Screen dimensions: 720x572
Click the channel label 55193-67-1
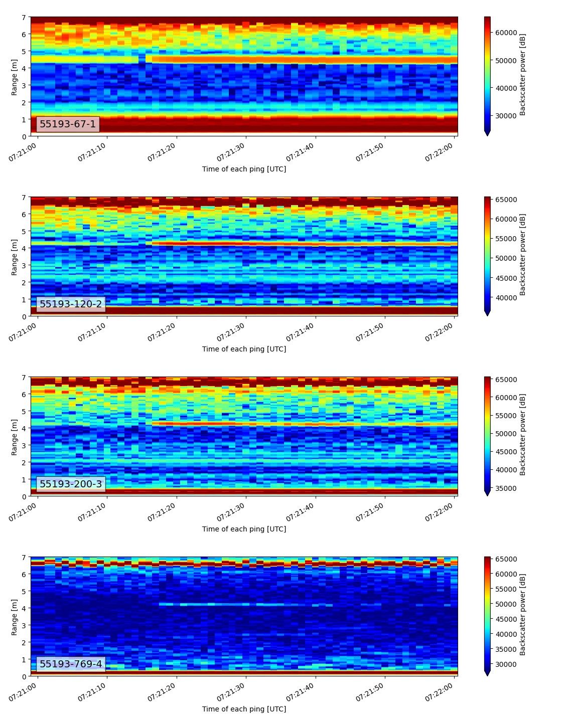68,124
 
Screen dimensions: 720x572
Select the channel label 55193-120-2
71,304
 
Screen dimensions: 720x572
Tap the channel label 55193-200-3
71,484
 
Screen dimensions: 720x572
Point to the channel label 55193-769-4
71,664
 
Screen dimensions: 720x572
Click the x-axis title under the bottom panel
244,709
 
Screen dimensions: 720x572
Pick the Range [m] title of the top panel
14,76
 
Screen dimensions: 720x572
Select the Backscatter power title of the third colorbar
522,435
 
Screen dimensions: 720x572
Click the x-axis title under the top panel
244,169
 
